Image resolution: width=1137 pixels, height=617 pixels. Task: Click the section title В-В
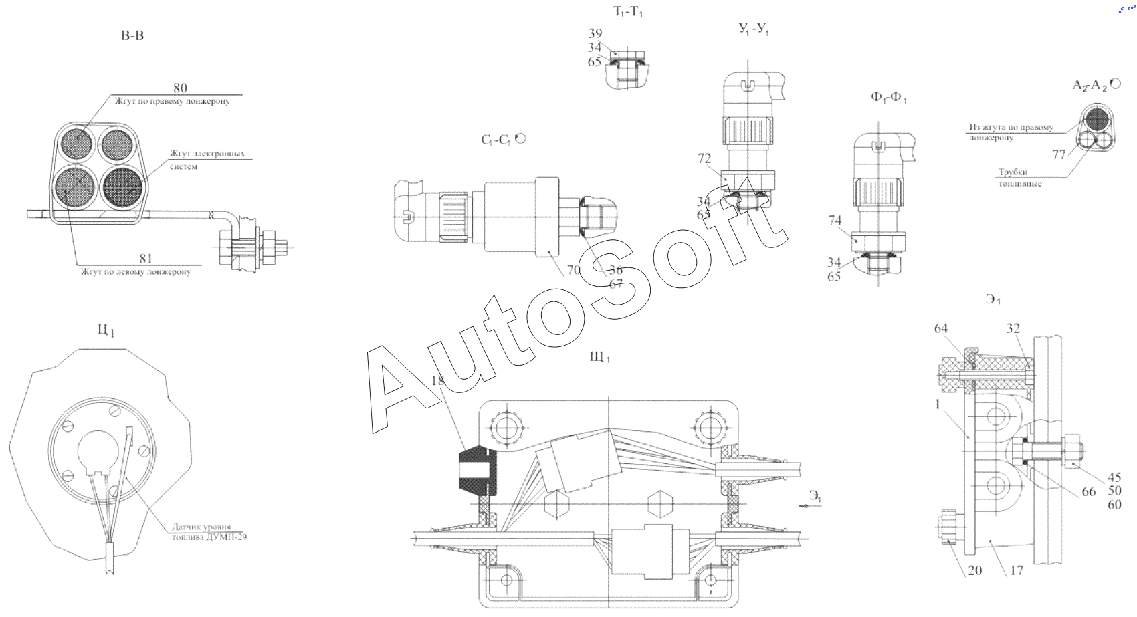(x=132, y=35)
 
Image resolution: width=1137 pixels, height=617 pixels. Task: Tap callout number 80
(x=180, y=88)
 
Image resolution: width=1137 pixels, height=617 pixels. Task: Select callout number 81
(x=146, y=258)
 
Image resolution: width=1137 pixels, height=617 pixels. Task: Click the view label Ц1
(x=106, y=330)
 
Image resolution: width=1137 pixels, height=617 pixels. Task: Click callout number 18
(x=438, y=380)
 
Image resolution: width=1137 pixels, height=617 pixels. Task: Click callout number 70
(x=573, y=269)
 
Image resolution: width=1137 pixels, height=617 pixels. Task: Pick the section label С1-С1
(x=496, y=140)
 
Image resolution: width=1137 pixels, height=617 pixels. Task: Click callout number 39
(x=595, y=33)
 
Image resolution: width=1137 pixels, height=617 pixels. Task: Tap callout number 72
(x=704, y=158)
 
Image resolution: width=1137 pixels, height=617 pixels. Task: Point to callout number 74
(x=835, y=220)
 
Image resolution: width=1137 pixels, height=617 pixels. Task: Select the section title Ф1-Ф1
(x=888, y=98)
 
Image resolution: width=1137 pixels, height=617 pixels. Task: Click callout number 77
(x=1059, y=154)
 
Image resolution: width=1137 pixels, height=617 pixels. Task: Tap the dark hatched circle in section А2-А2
(x=1097, y=118)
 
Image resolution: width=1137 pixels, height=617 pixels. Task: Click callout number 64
(x=941, y=328)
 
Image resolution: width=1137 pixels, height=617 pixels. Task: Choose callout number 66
(x=1089, y=491)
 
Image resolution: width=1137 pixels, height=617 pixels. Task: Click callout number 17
(x=1017, y=570)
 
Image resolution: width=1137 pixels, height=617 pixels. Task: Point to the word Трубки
(x=1013, y=172)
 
